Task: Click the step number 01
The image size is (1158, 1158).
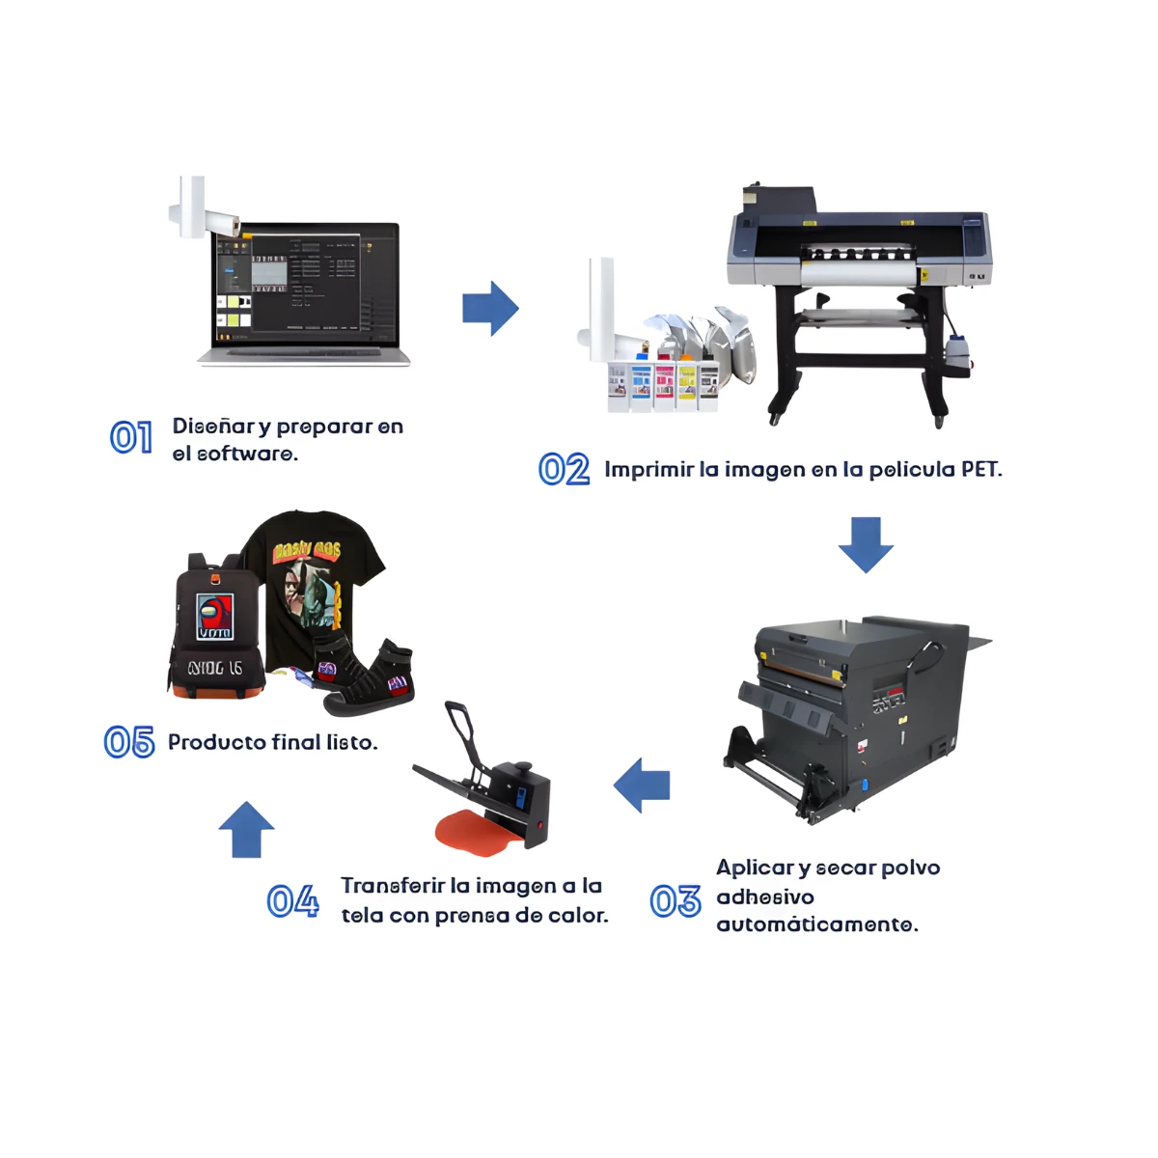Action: tap(131, 437)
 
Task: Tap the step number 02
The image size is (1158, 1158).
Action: tap(564, 469)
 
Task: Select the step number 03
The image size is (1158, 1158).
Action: tap(675, 901)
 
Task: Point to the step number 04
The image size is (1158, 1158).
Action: tap(293, 900)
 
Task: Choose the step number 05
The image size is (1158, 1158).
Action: tap(129, 741)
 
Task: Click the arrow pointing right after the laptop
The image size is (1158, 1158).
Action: tap(490, 308)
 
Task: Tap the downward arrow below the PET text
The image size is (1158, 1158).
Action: tap(866, 545)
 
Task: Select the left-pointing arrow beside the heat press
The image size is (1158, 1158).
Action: tap(641, 785)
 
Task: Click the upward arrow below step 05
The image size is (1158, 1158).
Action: tap(246, 829)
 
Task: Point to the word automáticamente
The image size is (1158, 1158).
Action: tap(817, 924)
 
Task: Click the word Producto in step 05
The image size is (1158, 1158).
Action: tap(216, 742)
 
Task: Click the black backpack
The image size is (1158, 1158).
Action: tap(216, 628)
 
